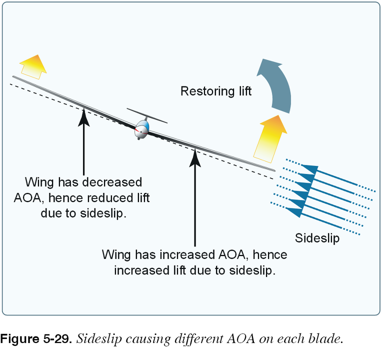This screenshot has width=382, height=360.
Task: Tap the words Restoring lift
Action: (216, 91)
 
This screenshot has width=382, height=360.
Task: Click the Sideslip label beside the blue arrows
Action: (317, 238)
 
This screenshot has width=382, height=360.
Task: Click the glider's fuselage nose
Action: (141, 131)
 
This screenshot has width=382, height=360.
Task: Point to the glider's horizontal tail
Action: (147, 116)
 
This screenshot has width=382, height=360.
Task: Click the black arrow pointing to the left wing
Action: (84, 140)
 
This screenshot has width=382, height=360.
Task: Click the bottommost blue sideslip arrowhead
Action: (294, 212)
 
